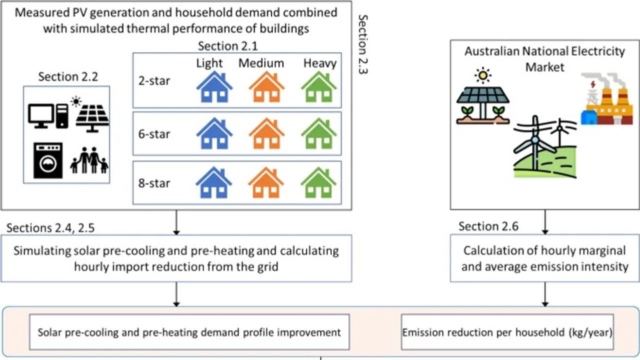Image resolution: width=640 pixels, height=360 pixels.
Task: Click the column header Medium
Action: pyautogui.click(x=261, y=63)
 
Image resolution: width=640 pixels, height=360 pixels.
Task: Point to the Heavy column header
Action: pyautogui.click(x=320, y=63)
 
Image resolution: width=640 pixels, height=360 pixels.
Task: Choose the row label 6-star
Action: pyautogui.click(x=154, y=134)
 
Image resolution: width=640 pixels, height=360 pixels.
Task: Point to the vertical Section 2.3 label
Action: pyautogui.click(x=363, y=44)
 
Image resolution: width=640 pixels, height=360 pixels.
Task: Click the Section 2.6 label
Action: pyautogui.click(x=488, y=226)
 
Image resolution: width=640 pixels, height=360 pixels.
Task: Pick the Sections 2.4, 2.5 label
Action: pyautogui.click(x=50, y=228)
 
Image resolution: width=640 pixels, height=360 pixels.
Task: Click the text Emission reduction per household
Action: pyautogui.click(x=507, y=332)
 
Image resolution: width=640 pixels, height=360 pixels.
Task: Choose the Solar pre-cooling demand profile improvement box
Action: pyautogui.click(x=189, y=332)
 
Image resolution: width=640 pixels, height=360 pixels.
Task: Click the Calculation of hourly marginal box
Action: pyautogui.click(x=544, y=258)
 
